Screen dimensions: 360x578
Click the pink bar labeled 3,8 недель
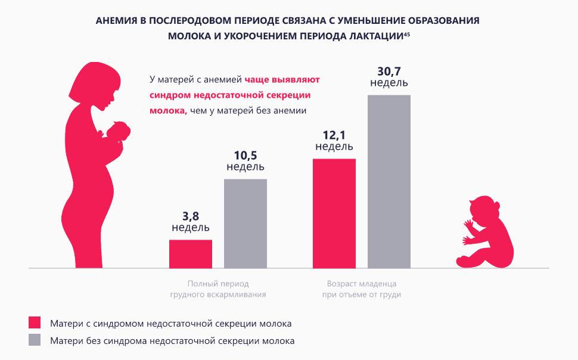pyautogui.click(x=191, y=254)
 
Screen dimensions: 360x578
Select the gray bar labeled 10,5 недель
pyautogui.click(x=246, y=224)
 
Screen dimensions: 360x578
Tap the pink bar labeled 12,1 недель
pyautogui.click(x=334, y=213)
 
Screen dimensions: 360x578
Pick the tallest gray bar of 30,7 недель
pyautogui.click(x=389, y=181)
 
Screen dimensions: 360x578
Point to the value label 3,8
pyautogui.click(x=191, y=216)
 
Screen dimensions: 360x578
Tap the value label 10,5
pyautogui.click(x=246, y=155)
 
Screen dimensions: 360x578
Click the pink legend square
pyautogui.click(x=35, y=322)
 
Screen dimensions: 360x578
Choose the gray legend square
pyautogui.click(x=35, y=341)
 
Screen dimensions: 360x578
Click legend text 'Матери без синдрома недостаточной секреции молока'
pyautogui.click(x=172, y=342)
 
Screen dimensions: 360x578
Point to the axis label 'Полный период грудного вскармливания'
pyautogui.click(x=218, y=289)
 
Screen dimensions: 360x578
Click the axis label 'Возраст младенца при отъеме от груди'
pyautogui.click(x=362, y=289)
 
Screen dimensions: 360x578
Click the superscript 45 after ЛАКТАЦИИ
pyautogui.click(x=406, y=34)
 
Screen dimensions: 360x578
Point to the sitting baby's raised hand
pyautogui.click(x=468, y=225)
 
